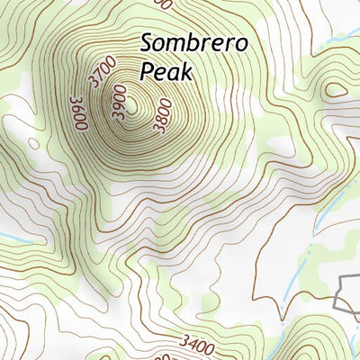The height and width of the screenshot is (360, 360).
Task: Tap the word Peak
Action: tap(166, 70)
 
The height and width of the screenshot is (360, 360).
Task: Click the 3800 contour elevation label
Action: tap(162, 117)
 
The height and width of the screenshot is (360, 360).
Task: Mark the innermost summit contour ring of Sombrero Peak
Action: tap(132, 106)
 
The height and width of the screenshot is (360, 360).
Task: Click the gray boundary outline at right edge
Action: tap(346, 292)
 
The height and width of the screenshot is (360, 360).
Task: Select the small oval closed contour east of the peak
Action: tap(336, 89)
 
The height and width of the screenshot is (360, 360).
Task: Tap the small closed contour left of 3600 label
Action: tap(33, 142)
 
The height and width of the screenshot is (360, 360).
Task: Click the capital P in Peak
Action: tap(147, 70)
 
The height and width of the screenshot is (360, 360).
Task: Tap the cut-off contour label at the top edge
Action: tap(163, 4)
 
